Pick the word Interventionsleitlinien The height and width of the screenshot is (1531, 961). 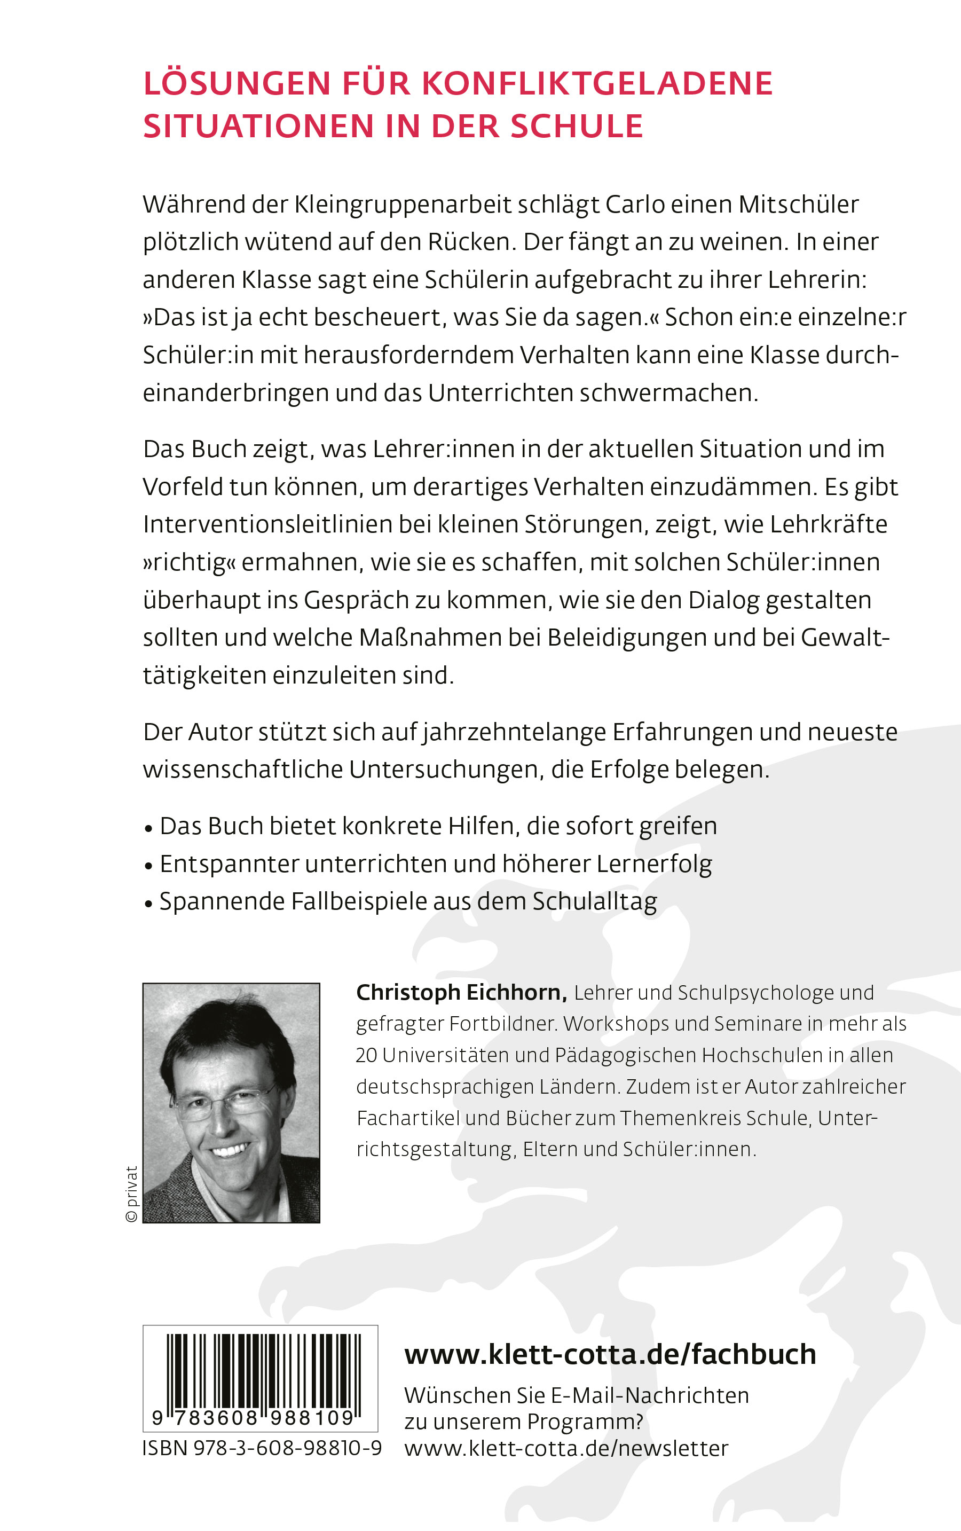266,524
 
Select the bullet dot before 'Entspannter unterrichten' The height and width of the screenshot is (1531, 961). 149,866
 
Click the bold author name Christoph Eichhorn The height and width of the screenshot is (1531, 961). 461,993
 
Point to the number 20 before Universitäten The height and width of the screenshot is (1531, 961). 366,1056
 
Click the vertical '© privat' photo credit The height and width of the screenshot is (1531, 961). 131,1194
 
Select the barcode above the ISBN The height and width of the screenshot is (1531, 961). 260,1377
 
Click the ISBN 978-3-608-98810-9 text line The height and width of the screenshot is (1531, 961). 262,1448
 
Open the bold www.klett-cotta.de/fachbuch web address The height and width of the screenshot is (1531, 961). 610,1355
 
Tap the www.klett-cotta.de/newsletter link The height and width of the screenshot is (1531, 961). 566,1449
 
